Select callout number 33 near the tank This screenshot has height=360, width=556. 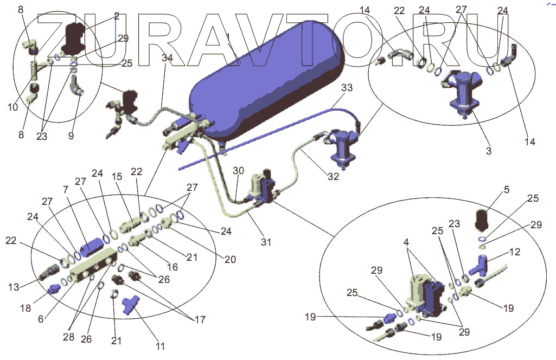point(346,88)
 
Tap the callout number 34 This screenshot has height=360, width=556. point(168,58)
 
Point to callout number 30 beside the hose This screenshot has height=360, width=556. point(239,170)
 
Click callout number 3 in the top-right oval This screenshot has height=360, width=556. point(489,151)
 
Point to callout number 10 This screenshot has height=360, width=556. point(13,107)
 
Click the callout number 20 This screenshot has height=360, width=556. point(230,260)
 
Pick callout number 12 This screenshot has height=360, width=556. point(514,252)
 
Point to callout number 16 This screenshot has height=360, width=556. point(172,267)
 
